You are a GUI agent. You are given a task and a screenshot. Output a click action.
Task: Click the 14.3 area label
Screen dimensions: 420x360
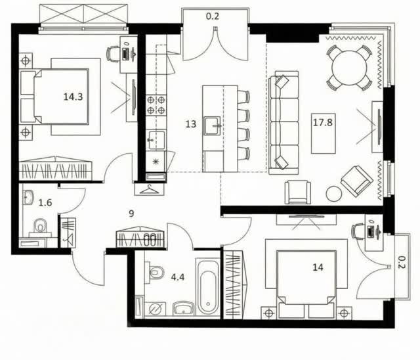tap(73, 97)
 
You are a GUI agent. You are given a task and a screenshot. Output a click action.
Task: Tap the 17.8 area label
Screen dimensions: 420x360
tap(323, 122)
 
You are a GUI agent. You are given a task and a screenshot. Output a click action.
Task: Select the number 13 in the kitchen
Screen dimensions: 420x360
tap(191, 124)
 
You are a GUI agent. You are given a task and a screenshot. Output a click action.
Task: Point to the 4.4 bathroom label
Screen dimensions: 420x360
tap(178, 277)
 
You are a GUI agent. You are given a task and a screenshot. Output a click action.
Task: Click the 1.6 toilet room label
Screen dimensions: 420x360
tap(45, 202)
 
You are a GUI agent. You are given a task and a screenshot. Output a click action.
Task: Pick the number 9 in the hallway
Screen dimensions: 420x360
tap(131, 214)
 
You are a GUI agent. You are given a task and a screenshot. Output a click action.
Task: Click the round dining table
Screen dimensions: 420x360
tap(349, 68)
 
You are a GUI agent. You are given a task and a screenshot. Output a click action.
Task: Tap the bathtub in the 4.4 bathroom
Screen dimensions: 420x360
tap(208, 286)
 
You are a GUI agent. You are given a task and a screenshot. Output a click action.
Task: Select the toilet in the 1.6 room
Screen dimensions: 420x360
tap(40, 227)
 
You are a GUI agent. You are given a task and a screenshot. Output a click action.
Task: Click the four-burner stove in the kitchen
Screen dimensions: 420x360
tap(156, 105)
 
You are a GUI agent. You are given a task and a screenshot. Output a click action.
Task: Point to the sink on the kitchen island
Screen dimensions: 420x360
tap(212, 125)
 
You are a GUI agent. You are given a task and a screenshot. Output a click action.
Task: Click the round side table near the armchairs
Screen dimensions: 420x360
tap(334, 194)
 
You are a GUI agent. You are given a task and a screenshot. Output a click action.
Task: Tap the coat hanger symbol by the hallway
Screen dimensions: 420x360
tap(149, 189)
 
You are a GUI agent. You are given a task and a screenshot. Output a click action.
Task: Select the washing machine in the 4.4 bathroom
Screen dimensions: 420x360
tap(155, 309)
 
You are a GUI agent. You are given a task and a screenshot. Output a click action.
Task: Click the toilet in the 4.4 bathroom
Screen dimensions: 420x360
tap(155, 272)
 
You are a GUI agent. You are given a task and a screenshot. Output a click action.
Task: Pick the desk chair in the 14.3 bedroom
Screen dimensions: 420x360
tap(113, 54)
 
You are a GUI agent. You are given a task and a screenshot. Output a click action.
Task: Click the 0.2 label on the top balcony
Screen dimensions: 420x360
tap(213, 16)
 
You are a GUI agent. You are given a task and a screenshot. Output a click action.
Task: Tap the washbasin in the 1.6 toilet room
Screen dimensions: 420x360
tap(28, 198)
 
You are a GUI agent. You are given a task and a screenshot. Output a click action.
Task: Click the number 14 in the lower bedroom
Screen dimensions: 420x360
tap(318, 267)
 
